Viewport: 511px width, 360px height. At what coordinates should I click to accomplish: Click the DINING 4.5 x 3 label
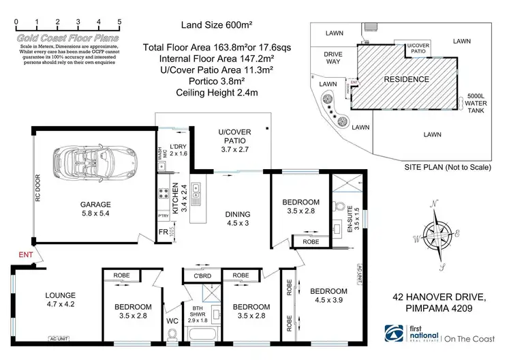coord(237,218)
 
